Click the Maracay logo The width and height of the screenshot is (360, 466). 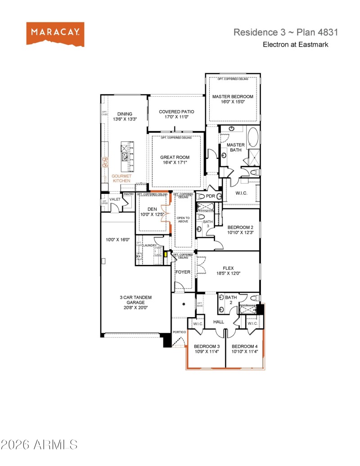pos(55,34)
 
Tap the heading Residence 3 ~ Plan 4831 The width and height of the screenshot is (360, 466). pos(285,32)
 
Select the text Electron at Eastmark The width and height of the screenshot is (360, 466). pos(295,45)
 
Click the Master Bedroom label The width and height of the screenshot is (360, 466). pos(233,97)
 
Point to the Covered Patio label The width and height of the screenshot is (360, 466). pos(176,112)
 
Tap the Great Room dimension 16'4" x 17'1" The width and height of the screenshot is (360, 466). pos(175,163)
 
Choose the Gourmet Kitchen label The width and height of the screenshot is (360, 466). pos(121,178)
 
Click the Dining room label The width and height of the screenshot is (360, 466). pos(125,114)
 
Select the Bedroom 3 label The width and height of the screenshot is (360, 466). pos(207,346)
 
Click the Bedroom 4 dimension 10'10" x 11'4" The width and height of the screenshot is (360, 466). pos(244,352)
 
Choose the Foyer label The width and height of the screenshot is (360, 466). pos(183,272)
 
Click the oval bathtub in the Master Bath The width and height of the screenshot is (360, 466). pos(253,137)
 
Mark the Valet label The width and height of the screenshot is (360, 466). pos(115,199)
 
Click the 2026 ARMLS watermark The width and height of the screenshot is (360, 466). pos(39,445)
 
